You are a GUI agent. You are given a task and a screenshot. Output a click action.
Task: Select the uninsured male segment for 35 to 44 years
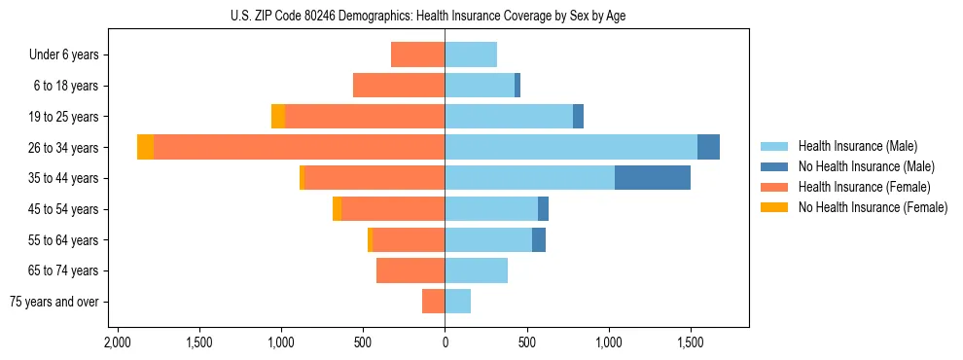(x=653, y=178)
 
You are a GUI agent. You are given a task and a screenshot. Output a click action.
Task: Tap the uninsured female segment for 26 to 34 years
(x=145, y=147)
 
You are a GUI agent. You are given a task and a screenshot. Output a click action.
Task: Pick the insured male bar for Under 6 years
(x=471, y=54)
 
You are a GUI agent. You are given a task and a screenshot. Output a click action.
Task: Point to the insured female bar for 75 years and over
(x=433, y=302)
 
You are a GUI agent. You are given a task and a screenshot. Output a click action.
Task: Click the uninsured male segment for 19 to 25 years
(x=578, y=117)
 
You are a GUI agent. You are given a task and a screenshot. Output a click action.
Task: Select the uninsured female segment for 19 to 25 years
(x=278, y=117)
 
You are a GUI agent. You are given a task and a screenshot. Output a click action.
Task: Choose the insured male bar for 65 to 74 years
(x=476, y=270)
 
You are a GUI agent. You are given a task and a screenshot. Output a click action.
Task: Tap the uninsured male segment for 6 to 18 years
(x=517, y=86)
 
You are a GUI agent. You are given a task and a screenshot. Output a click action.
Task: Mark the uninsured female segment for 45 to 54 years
(x=337, y=209)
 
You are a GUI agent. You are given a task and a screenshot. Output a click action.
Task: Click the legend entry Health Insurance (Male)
(x=857, y=146)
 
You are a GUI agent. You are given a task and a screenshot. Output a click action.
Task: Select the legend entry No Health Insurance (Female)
(x=873, y=207)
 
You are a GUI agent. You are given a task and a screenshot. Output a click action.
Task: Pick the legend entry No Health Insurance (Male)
(x=866, y=166)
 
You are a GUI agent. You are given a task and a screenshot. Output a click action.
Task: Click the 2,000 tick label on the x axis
(x=118, y=343)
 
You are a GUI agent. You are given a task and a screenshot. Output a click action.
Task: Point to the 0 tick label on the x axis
(x=445, y=343)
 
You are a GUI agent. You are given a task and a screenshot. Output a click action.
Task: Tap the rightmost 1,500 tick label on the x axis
(x=691, y=343)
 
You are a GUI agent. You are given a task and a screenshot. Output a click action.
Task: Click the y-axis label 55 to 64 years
(x=65, y=240)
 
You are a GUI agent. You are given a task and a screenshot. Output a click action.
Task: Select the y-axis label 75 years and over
(x=53, y=302)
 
